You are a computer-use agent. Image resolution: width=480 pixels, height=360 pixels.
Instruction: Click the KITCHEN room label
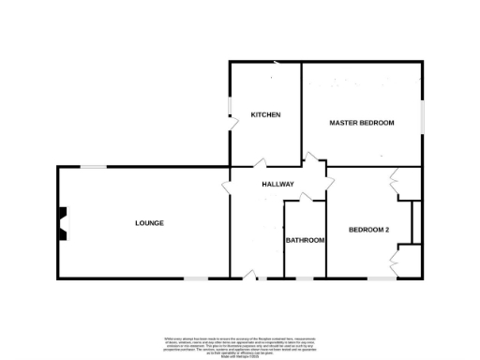(265, 114)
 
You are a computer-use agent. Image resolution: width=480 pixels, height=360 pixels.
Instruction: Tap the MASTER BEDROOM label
(361, 123)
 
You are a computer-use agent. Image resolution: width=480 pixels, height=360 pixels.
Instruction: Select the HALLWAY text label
(278, 184)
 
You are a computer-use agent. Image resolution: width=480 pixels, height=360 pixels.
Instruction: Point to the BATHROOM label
(305, 240)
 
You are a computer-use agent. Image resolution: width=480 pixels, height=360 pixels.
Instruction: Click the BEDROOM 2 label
(368, 230)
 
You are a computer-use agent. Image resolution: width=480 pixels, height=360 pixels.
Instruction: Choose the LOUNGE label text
(149, 222)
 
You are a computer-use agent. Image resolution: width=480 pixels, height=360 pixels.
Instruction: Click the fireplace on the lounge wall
(62, 223)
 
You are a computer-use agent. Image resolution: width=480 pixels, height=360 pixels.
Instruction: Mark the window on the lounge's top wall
(92, 167)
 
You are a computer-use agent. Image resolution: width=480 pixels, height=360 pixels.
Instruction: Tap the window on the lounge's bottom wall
(195, 277)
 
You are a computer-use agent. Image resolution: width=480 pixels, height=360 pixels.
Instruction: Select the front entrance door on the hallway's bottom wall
(248, 275)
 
